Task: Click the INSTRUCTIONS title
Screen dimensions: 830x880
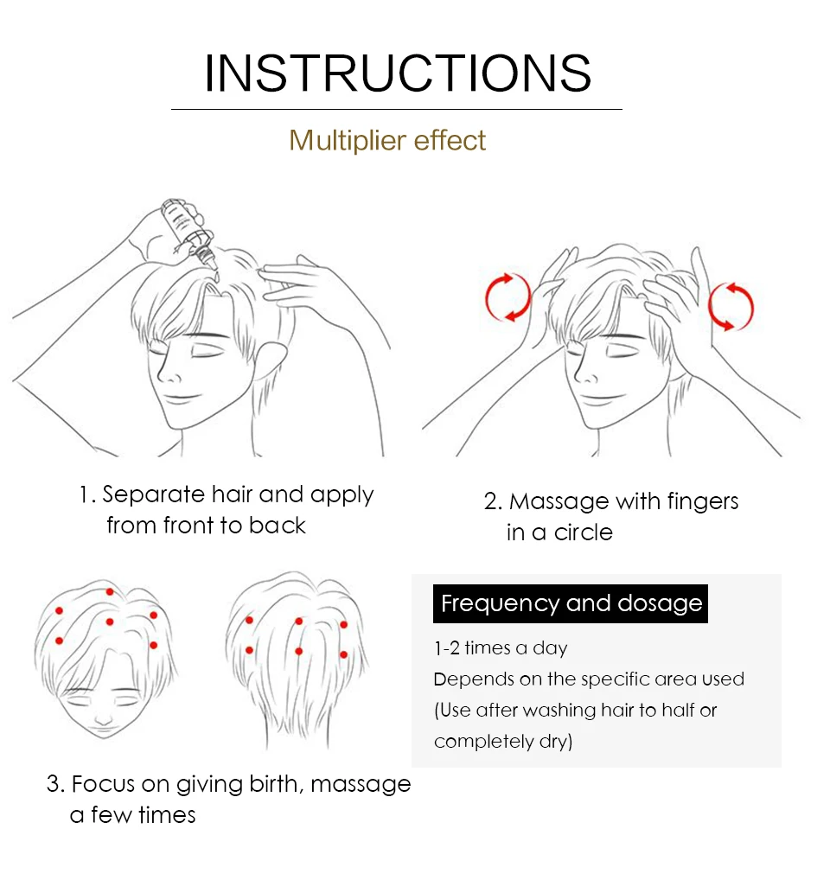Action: (x=398, y=73)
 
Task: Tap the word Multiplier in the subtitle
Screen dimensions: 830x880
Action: (x=348, y=140)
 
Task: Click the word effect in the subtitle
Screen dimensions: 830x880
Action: (x=450, y=140)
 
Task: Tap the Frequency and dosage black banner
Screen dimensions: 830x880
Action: (x=570, y=604)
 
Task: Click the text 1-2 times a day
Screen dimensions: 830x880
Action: (x=501, y=648)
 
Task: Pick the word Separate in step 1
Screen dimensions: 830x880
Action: (x=153, y=495)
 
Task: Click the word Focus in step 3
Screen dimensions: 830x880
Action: (x=103, y=784)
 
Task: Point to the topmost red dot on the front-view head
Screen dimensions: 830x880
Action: (x=110, y=592)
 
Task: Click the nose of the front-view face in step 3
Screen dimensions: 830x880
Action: (x=103, y=717)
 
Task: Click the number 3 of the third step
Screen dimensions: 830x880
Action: (x=53, y=784)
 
